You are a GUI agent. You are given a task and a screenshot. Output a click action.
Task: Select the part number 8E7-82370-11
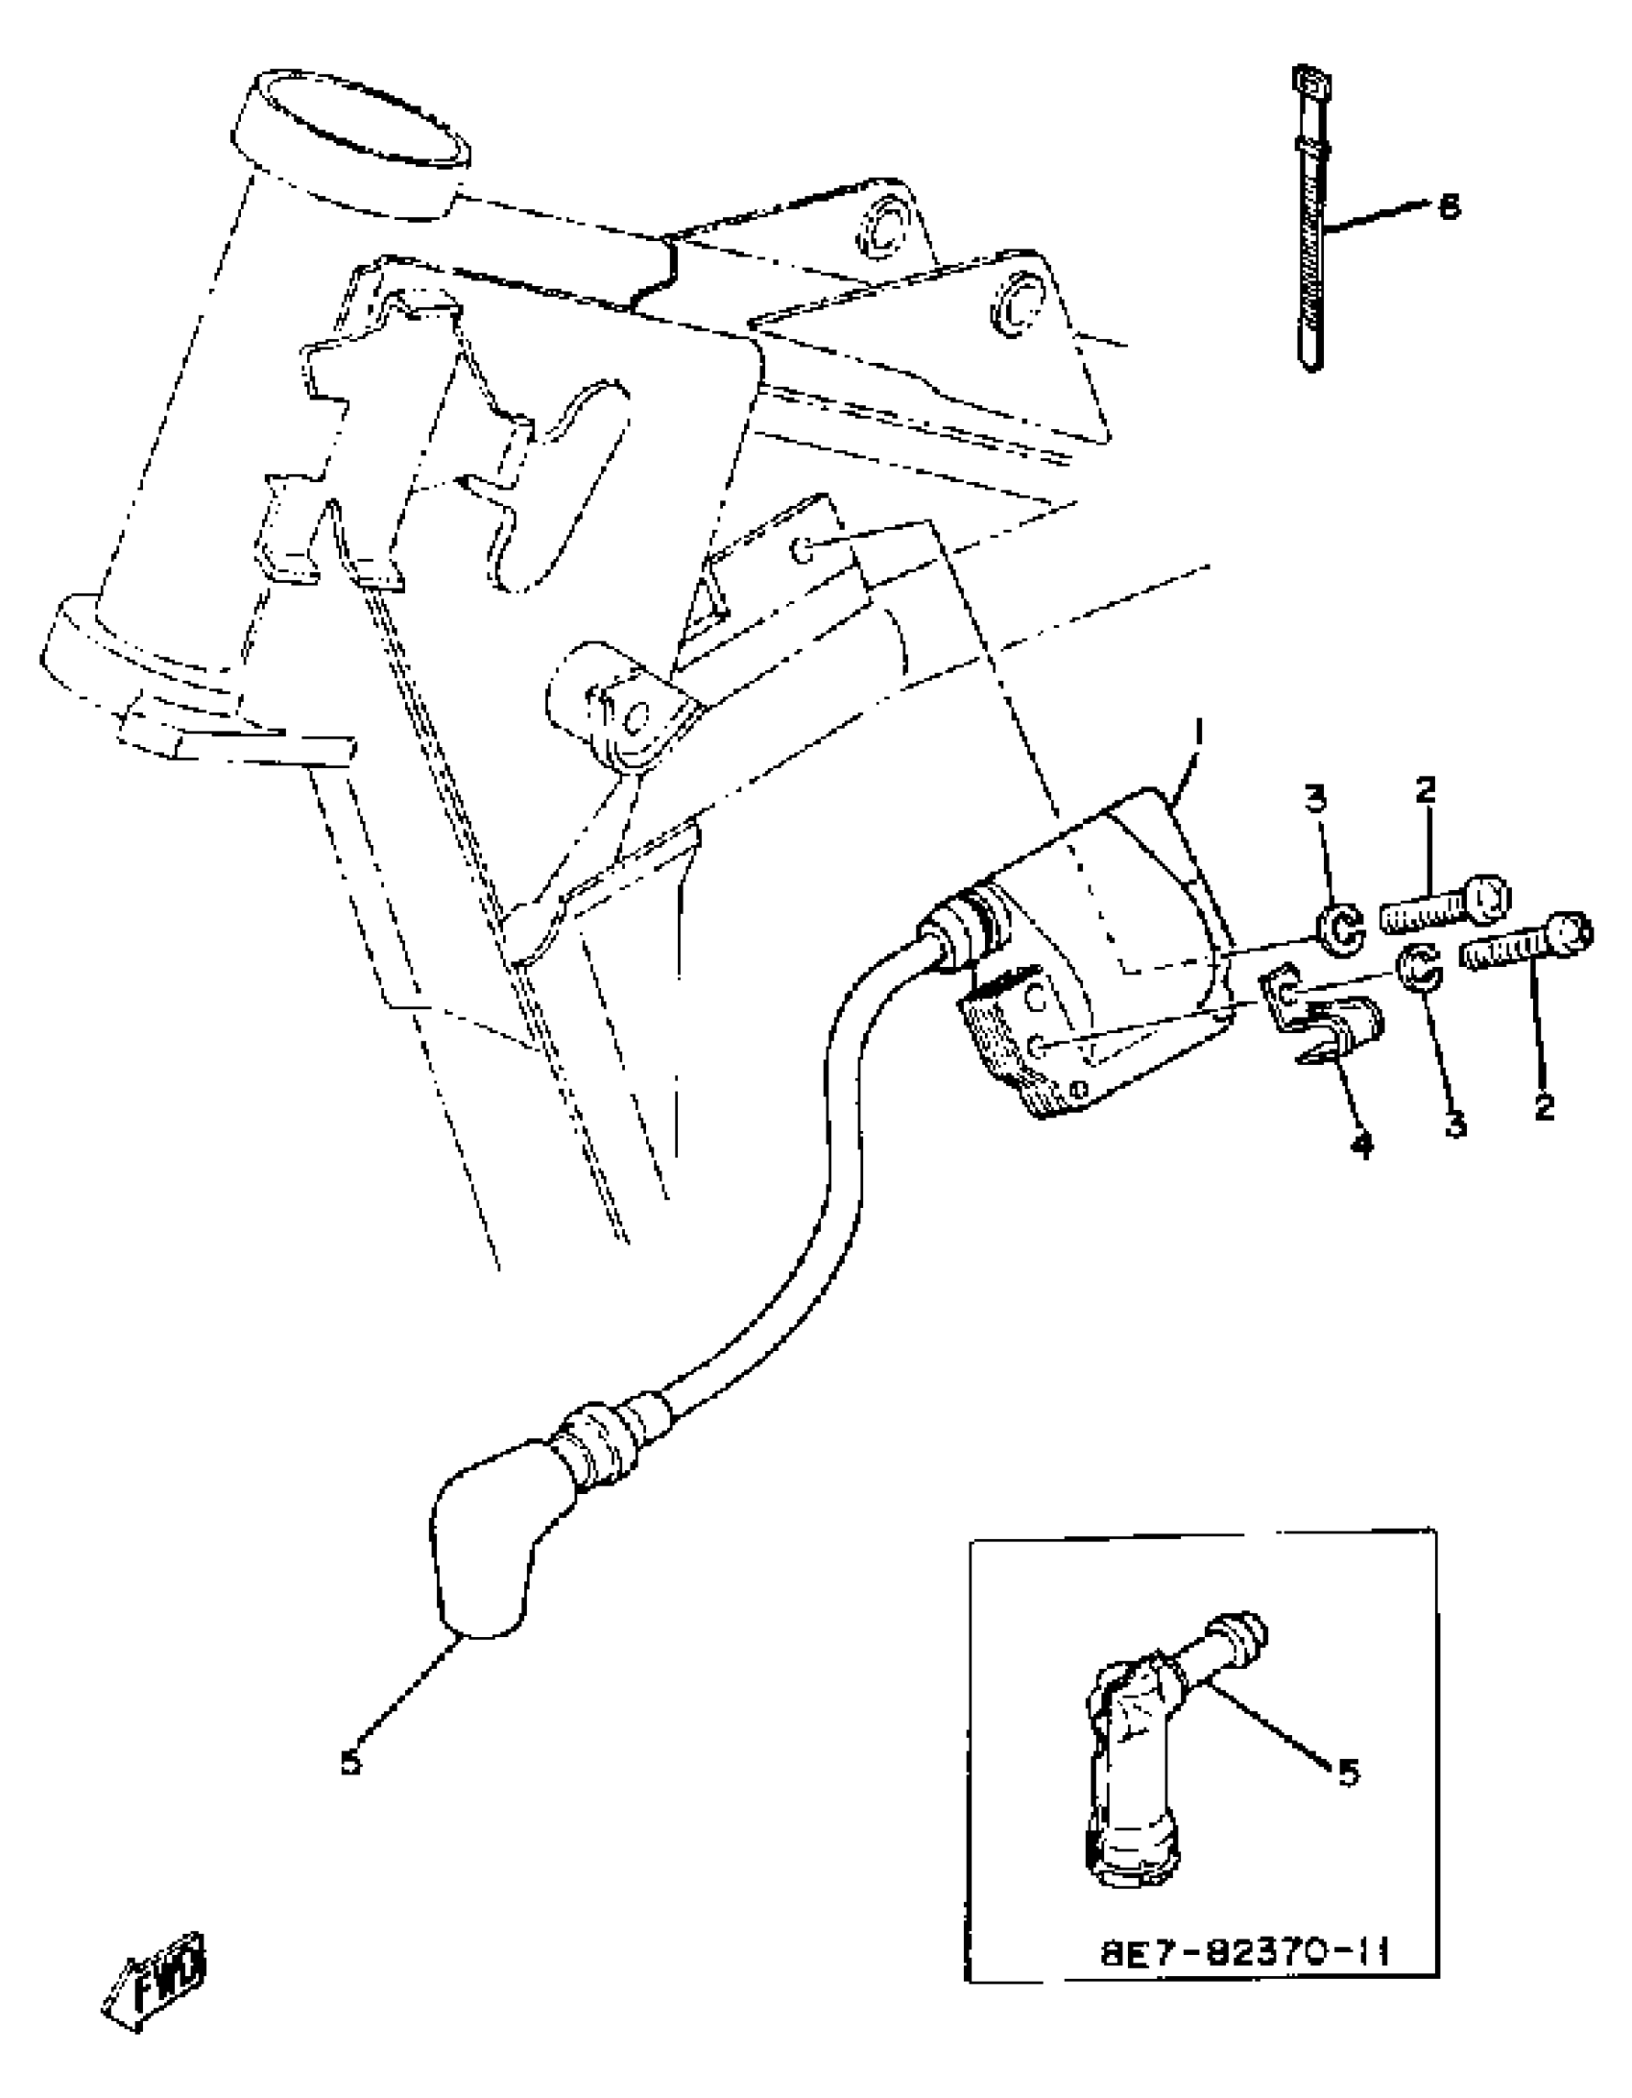[x=1246, y=1923]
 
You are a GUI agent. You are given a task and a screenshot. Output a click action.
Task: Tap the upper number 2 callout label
[x=1426, y=790]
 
